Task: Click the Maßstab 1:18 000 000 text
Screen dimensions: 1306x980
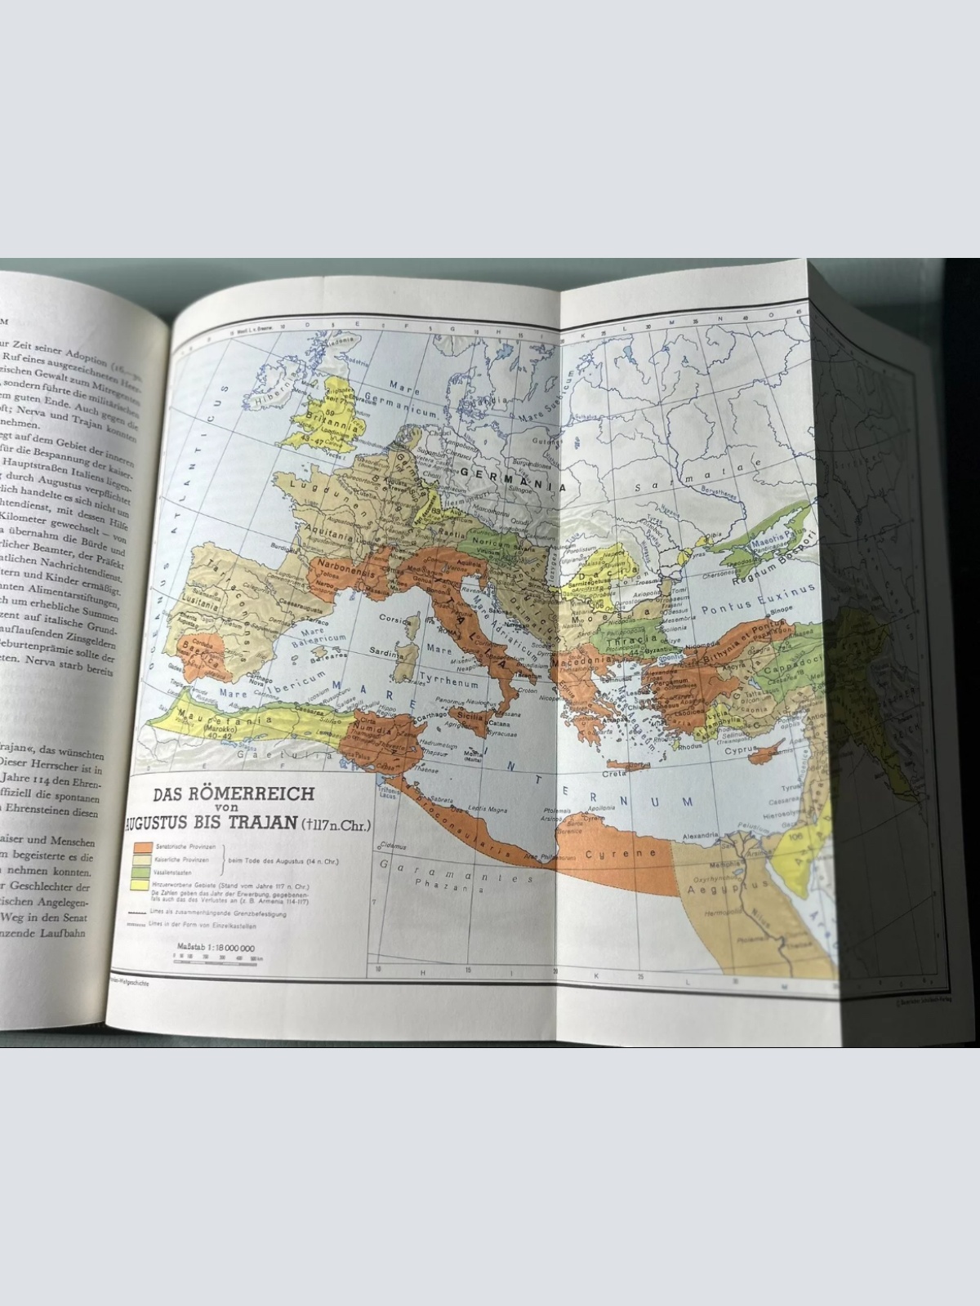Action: point(215,948)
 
